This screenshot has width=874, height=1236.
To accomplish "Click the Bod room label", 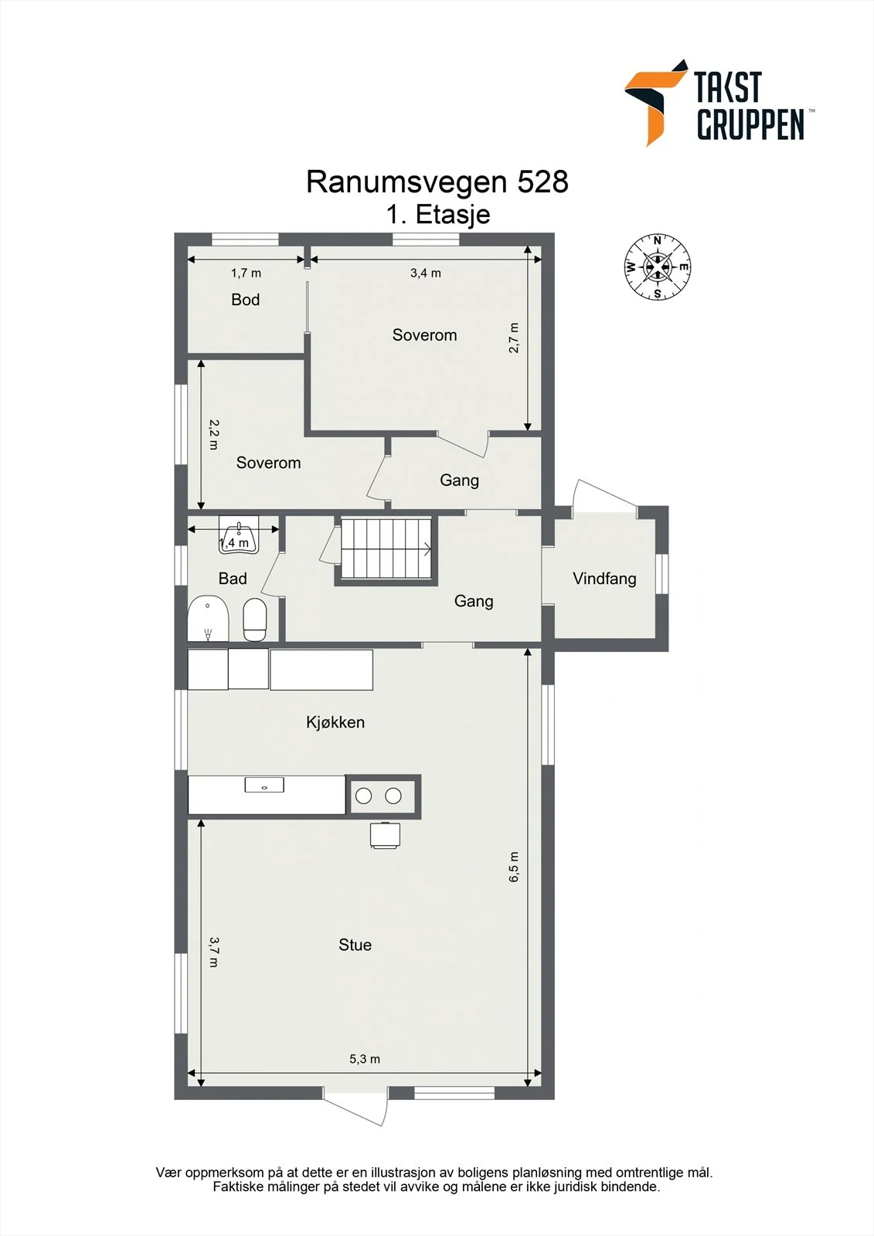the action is tap(245, 300).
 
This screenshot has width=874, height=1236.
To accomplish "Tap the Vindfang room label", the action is tap(604, 579).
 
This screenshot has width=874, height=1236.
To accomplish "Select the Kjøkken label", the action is tap(335, 722).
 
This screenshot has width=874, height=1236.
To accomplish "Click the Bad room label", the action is tap(233, 579).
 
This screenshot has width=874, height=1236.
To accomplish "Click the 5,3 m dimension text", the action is tap(365, 1059).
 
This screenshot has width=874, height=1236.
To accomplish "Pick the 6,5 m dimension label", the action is tap(513, 866).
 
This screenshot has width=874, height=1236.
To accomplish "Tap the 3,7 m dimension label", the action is tap(214, 952).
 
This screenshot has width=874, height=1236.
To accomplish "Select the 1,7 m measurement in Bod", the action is tap(246, 273).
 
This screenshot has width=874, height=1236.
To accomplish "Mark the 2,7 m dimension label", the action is tap(513, 338).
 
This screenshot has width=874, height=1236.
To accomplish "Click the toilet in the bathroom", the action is tap(255, 620).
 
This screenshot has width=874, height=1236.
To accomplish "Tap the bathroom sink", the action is tap(239, 534).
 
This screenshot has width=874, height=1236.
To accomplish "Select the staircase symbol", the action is tap(386, 548).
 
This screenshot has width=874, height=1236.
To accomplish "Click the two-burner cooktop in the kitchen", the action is tap(383, 796).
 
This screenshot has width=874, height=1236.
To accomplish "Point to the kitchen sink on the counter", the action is tap(264, 785).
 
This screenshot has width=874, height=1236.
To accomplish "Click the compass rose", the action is tap(657, 267).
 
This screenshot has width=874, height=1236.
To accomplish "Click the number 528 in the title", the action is tap(542, 182).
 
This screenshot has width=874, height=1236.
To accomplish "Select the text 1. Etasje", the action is tap(438, 215).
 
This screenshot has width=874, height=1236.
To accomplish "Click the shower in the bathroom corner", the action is tap(208, 619).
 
